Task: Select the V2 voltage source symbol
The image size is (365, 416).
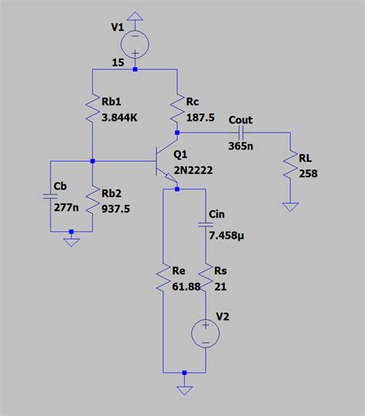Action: [x=206, y=333]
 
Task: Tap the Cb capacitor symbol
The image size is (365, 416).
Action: [x=50, y=197]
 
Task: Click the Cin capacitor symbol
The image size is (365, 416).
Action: [x=206, y=224]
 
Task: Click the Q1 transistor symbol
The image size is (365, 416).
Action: [x=166, y=163]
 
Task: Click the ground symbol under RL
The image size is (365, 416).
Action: [x=290, y=206]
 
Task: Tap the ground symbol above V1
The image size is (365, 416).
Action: [x=135, y=15]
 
